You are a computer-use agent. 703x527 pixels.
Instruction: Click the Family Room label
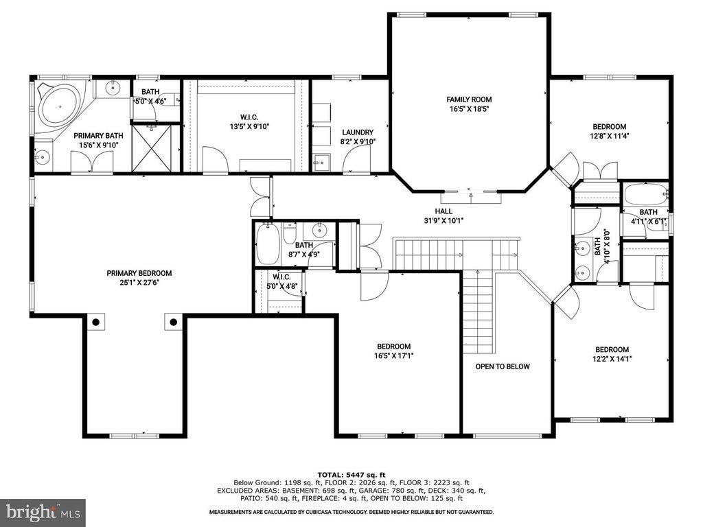469,99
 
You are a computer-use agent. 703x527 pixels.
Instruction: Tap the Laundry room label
357,132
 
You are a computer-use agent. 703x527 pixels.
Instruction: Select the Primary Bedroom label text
139,273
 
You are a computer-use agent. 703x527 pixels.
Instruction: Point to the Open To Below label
503,366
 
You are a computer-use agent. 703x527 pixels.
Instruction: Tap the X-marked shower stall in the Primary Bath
152,148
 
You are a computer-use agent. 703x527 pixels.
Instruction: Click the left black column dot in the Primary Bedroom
96,322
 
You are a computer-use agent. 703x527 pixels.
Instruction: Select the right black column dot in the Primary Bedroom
174,322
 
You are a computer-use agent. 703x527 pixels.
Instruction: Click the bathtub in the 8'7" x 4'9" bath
268,244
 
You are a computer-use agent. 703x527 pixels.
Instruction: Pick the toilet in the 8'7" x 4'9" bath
290,233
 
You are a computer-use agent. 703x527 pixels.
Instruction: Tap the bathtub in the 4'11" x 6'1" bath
645,194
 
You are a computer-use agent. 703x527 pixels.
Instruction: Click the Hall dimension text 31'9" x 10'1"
443,220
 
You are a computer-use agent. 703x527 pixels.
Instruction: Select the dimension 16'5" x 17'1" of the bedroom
393,356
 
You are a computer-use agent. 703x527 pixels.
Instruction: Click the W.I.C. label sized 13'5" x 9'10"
249,122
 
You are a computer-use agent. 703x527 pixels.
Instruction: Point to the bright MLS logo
43,511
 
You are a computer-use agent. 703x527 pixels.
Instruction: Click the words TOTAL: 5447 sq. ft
351,475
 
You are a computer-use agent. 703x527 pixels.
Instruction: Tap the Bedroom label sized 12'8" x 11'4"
610,131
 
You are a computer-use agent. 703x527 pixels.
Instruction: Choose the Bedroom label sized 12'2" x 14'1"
612,354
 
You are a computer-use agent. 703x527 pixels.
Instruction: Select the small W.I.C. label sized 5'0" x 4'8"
282,282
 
